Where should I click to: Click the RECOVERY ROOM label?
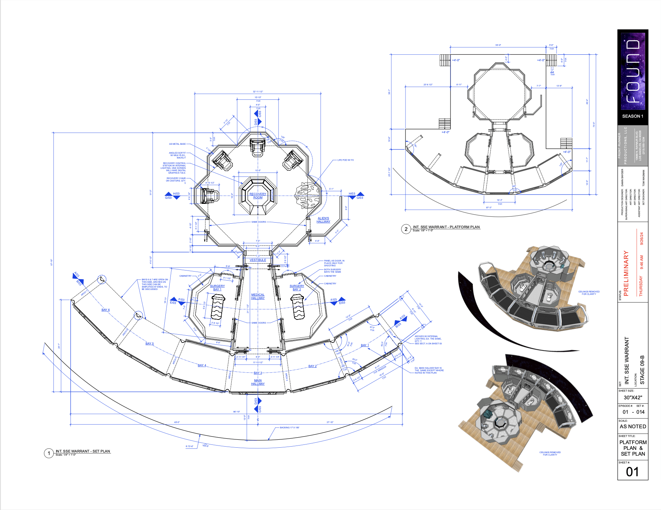[x=258, y=196]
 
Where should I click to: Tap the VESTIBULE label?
[x=258, y=260]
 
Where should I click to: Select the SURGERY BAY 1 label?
[x=217, y=288]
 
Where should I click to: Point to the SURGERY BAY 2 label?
[x=297, y=288]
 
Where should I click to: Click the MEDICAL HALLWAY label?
[x=258, y=296]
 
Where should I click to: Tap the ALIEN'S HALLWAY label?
[x=323, y=220]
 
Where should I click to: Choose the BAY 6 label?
[x=105, y=310]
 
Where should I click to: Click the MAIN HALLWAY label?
[x=258, y=382]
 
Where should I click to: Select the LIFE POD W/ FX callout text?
[x=345, y=160]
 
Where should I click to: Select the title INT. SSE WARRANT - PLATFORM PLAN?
[x=446, y=227]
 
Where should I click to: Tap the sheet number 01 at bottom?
[x=632, y=472]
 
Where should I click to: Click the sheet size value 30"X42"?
[x=633, y=398]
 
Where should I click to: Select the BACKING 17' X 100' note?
[x=289, y=428]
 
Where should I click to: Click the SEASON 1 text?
[x=633, y=116]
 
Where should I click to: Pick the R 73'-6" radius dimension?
[x=190, y=446]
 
